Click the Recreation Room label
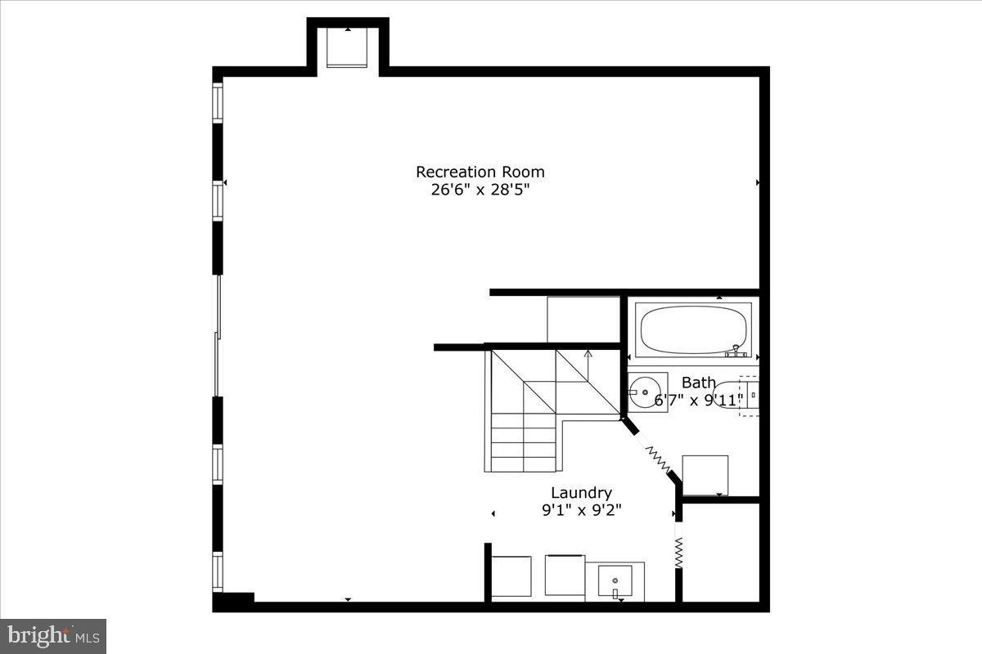click(x=480, y=172)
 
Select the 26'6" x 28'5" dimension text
click(x=480, y=190)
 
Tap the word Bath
click(x=698, y=383)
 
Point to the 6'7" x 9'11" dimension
click(x=698, y=401)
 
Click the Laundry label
click(x=581, y=493)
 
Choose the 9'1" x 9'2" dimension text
click(x=581, y=511)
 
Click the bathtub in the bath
click(x=693, y=330)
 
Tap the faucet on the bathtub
click(x=736, y=352)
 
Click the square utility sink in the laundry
click(x=620, y=582)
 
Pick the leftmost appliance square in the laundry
click(x=512, y=577)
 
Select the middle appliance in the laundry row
click(x=565, y=576)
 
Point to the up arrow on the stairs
click(x=588, y=354)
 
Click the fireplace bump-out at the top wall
click(x=348, y=47)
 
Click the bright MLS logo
click(x=53, y=635)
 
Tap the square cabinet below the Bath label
click(x=705, y=475)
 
